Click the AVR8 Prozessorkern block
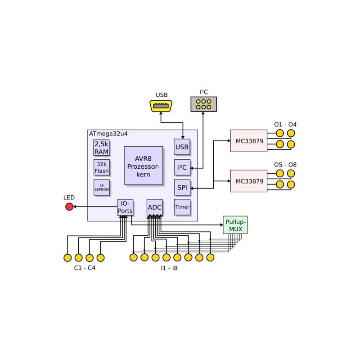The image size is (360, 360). point(143,165)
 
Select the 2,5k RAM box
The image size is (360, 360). point(101,148)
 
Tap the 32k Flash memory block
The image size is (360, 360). point(101,167)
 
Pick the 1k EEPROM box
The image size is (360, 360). point(101,187)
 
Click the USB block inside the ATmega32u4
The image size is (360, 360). point(182,147)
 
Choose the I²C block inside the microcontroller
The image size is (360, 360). point(182,167)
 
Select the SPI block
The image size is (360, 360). point(182,187)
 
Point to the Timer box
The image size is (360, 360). point(182,207)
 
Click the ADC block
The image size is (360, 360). point(154,207)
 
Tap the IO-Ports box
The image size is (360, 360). point(125,207)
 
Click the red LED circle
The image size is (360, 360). point(69,207)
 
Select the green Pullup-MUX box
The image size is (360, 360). point(235,225)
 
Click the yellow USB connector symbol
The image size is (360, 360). point(161,106)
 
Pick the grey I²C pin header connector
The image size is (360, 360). point(203,104)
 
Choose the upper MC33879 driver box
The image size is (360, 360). point(248,141)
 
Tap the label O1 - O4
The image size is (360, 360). point(285,124)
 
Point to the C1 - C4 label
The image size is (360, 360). point(85,268)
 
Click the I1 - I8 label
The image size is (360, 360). point(169,268)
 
